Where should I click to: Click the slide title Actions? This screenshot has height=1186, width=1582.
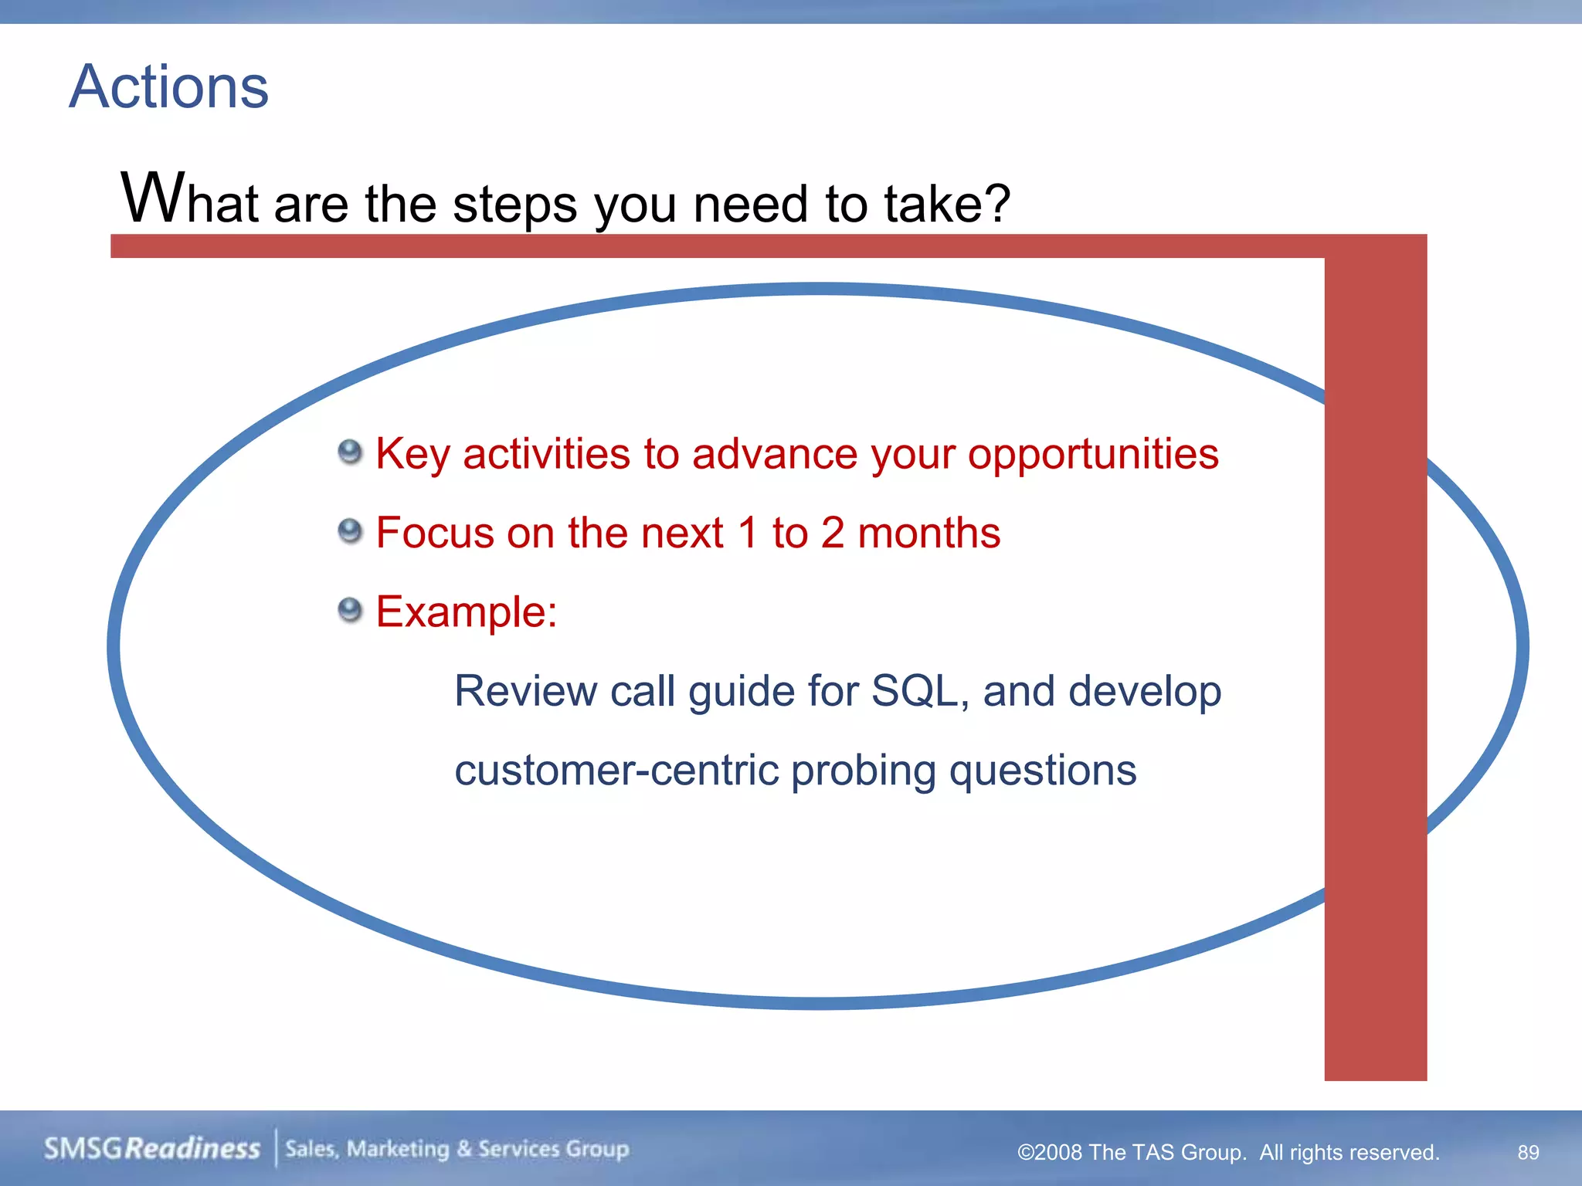168,86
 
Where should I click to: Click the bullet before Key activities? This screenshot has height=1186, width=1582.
350,452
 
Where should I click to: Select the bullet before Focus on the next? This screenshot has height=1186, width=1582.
350,531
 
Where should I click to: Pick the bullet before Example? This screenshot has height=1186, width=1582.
350,610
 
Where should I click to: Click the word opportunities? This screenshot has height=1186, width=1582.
1092,454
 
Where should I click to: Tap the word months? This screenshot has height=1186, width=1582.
928,533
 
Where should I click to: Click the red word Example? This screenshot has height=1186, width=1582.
466,612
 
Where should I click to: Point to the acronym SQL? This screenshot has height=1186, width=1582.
913,690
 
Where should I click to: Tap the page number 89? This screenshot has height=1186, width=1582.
1528,1152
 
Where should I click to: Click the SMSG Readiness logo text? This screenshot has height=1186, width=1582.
151,1149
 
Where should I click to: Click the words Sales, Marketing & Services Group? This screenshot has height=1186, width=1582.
457,1149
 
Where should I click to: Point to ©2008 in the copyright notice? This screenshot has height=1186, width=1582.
1049,1152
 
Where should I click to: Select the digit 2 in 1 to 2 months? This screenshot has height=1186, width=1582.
832,533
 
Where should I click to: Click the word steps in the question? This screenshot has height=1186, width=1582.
514,205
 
